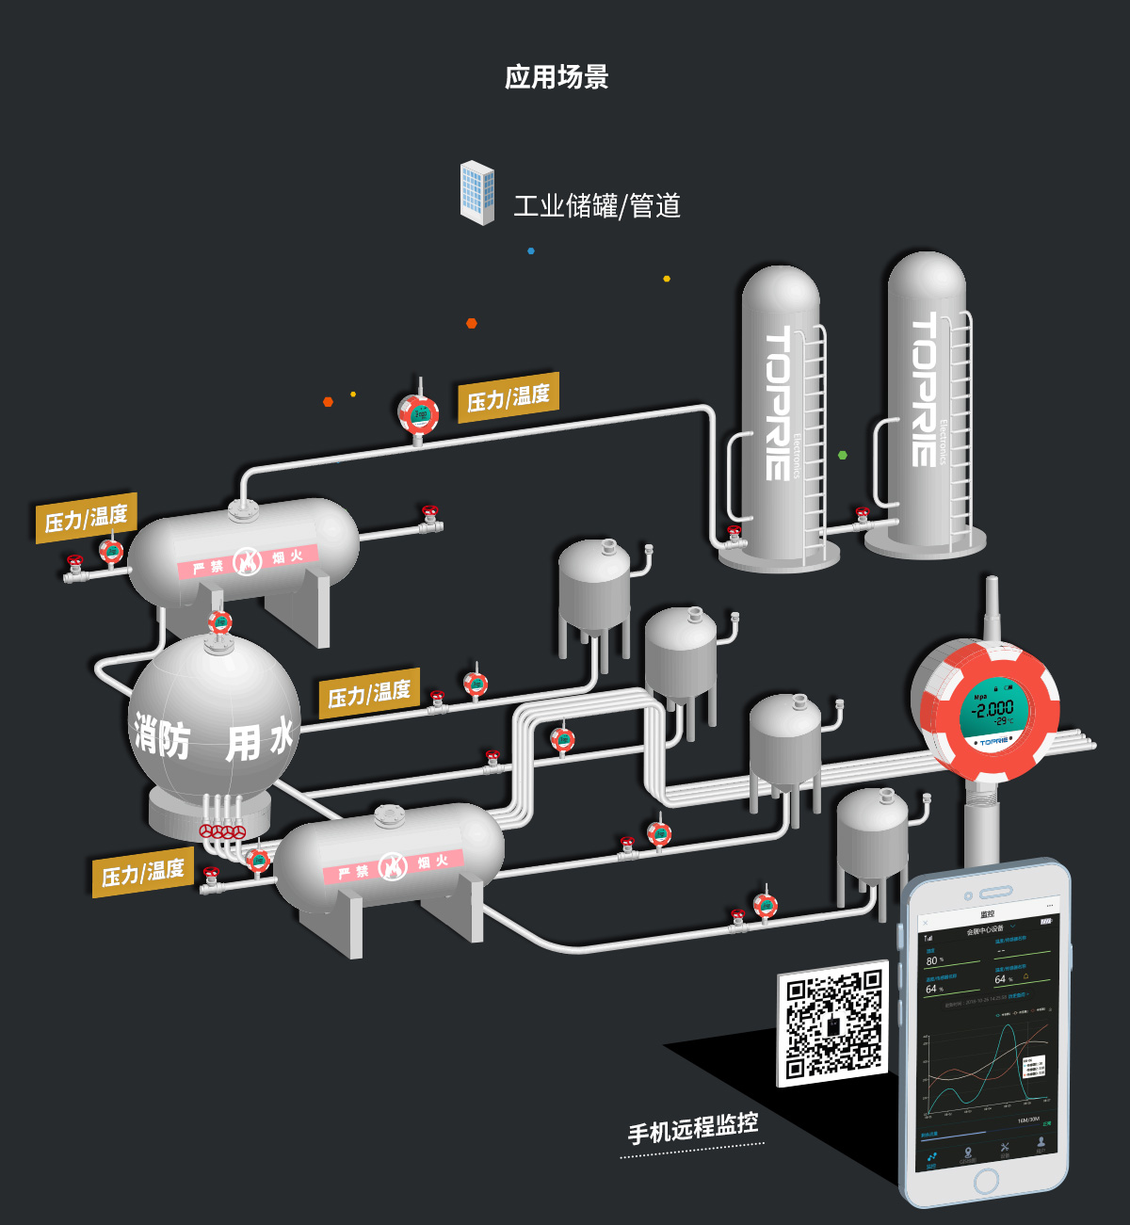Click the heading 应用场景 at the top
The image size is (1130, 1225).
tap(557, 77)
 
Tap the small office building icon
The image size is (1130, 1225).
tap(477, 193)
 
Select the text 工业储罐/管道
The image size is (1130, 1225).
tap(596, 206)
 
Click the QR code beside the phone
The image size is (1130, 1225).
tap(833, 1024)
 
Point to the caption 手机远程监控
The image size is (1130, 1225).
tap(693, 1126)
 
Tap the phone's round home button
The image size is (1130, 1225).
tap(986, 1181)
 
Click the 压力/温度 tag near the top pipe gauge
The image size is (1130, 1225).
tap(508, 397)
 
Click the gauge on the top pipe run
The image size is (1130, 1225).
tap(418, 413)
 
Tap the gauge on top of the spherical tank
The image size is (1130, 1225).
tap(219, 622)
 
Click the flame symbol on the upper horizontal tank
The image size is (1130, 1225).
tap(247, 561)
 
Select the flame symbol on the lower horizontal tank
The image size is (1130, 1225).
tap(393, 866)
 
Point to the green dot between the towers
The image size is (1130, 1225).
tap(843, 455)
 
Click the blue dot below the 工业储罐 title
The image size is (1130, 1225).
tap(531, 251)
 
